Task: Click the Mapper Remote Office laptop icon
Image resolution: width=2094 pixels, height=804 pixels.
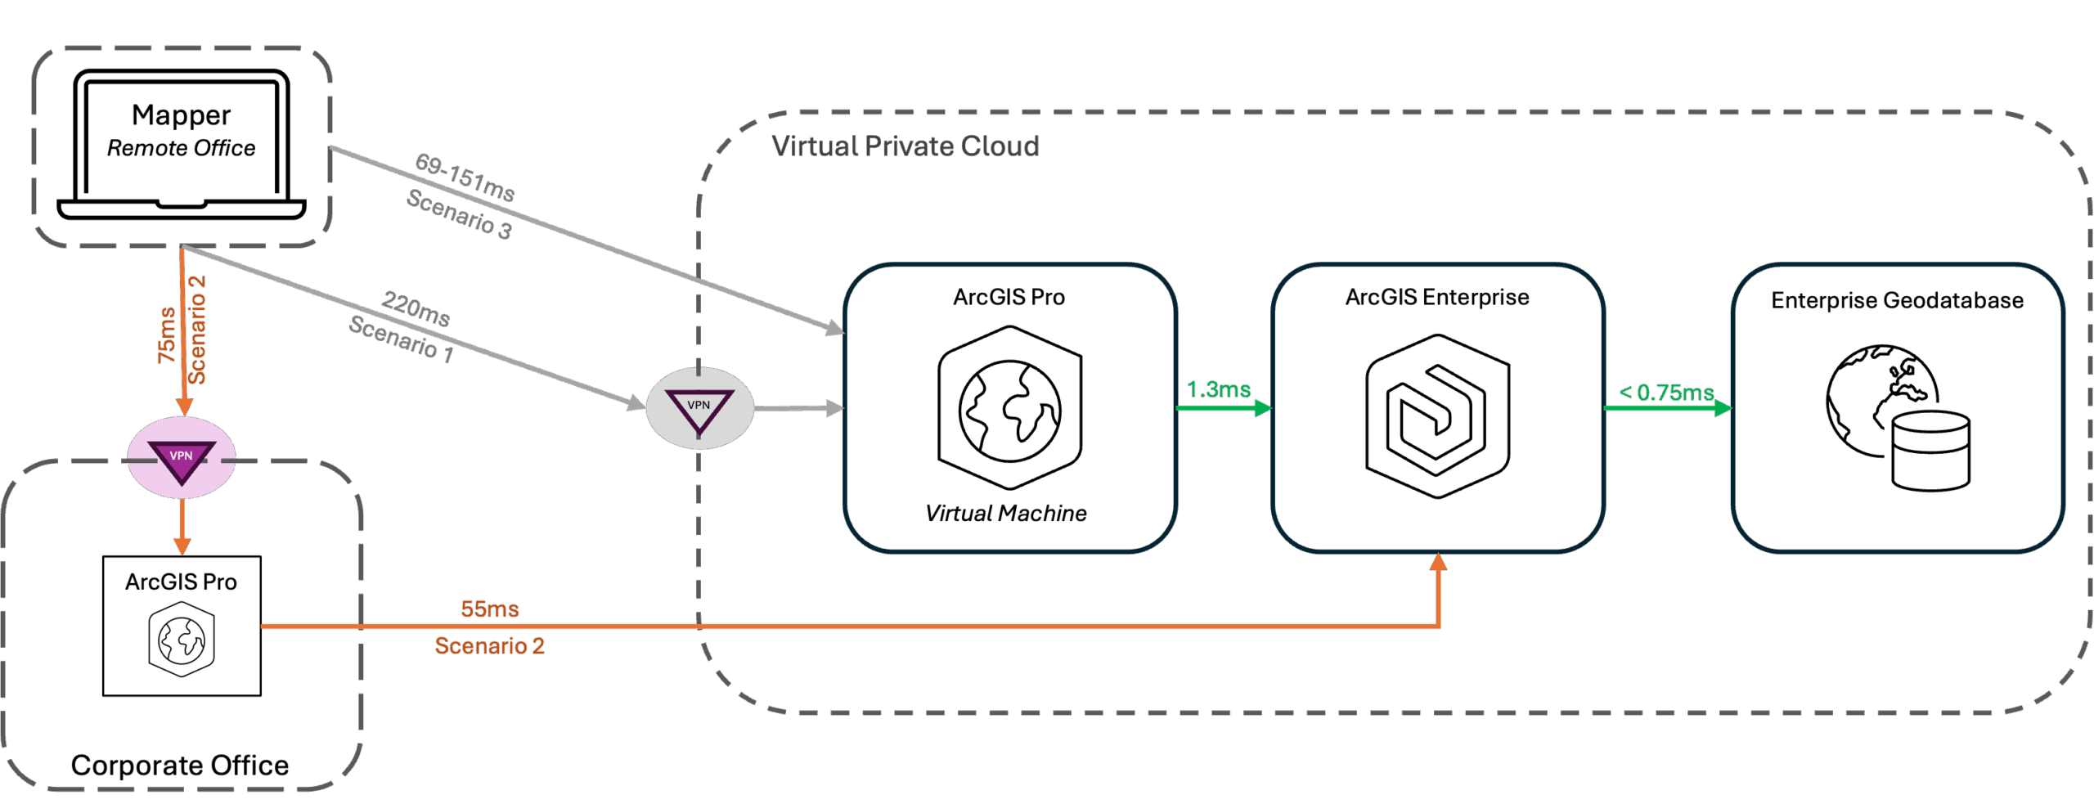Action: [x=182, y=144]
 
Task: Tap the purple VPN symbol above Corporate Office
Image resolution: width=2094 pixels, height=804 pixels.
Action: [x=182, y=458]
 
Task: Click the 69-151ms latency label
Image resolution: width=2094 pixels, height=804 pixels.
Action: [x=465, y=177]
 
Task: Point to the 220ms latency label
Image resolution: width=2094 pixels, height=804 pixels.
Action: [x=416, y=308]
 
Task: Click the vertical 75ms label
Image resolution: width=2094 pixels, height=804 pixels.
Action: [x=167, y=335]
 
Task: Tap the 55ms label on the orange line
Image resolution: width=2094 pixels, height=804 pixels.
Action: [x=489, y=609]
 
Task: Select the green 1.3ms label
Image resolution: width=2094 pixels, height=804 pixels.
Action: [x=1219, y=389]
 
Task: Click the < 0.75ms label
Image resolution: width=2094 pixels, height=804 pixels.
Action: [x=1666, y=393]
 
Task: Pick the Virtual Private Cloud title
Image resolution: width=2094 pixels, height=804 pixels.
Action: [x=905, y=146]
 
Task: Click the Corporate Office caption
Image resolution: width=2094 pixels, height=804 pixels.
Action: [x=180, y=766]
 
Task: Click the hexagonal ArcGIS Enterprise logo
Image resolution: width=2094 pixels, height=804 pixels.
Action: [x=1437, y=415]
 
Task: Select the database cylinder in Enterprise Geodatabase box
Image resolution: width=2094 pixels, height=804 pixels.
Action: [x=1930, y=451]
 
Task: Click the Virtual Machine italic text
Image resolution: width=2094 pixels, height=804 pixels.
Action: [x=1006, y=514]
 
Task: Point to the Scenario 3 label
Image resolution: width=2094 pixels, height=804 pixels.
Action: [x=460, y=214]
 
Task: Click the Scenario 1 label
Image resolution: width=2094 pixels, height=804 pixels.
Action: [x=401, y=338]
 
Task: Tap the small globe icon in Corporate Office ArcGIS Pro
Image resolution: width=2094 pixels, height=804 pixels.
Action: [x=182, y=640]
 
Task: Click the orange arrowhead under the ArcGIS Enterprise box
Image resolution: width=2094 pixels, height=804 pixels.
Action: [x=1439, y=562]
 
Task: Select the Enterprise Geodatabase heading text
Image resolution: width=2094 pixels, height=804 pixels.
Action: [x=1897, y=300]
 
